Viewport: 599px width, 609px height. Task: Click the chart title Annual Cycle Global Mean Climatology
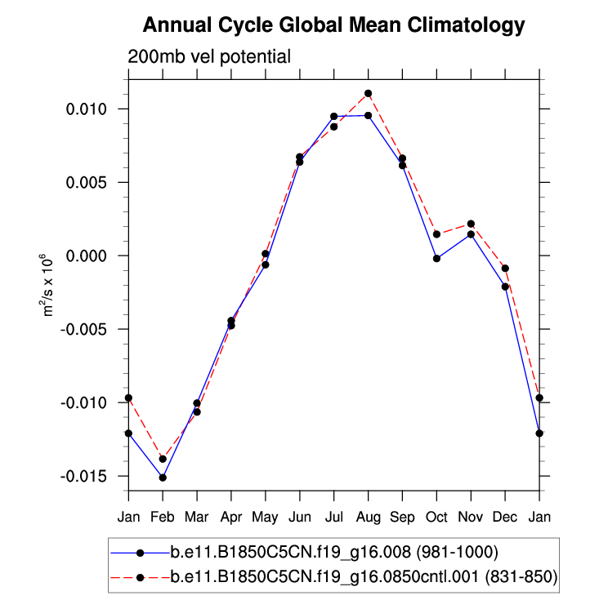[x=333, y=26]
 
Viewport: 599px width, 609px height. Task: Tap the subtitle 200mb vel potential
[x=209, y=57]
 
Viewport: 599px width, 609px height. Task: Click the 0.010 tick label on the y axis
[x=97, y=109]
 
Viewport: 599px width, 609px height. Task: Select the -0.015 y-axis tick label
[x=95, y=476]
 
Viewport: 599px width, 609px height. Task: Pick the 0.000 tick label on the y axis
[x=97, y=256]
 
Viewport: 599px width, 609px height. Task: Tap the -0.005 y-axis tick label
[x=95, y=329]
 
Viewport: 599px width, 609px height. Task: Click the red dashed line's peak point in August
[x=369, y=93]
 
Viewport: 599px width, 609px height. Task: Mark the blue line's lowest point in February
[x=163, y=478]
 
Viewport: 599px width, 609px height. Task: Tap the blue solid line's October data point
[x=437, y=259]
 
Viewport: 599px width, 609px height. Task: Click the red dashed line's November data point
[x=472, y=224]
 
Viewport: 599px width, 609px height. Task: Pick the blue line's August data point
[x=369, y=116]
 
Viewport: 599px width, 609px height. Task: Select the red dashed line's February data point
[x=163, y=459]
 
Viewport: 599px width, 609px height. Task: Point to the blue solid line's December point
[x=506, y=287]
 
